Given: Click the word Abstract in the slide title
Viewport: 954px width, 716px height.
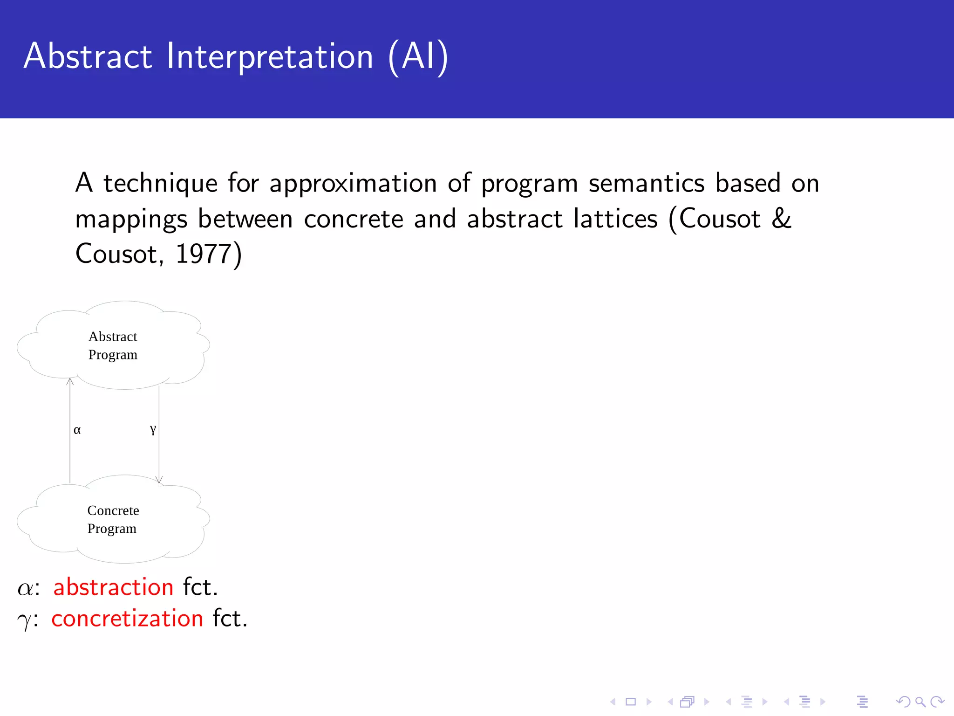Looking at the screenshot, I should coord(88,56).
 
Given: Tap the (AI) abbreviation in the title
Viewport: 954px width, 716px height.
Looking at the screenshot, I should coord(418,57).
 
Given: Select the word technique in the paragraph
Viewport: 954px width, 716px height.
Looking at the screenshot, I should coord(160,183).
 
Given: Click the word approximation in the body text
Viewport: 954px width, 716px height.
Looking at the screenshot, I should coord(353,183).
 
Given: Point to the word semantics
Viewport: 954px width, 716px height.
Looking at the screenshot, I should coord(647,183).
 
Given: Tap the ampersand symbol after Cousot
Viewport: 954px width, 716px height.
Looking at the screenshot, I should coord(781,219).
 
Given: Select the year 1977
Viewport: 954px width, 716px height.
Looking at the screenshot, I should coord(204,254).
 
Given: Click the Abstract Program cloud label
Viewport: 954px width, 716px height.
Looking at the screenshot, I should coord(113,345).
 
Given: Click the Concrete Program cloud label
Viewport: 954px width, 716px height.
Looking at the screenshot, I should coord(113,519).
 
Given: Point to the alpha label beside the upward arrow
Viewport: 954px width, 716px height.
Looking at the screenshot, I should coord(77,430).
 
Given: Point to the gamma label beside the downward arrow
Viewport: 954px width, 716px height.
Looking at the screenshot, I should coord(153,429).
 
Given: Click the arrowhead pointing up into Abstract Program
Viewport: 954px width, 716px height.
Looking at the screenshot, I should coord(70,381).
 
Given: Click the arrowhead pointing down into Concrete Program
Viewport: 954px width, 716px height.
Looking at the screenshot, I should coord(159,480).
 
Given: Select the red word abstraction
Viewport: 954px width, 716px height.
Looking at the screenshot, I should coord(113,587).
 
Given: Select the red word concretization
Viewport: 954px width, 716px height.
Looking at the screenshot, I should coord(127,619).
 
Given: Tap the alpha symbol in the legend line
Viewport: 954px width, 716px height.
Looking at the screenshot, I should coord(25,588).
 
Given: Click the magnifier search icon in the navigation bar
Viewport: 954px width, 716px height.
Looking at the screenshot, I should coord(920,702).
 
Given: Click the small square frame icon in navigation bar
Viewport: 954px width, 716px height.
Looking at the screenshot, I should coord(631,702).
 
